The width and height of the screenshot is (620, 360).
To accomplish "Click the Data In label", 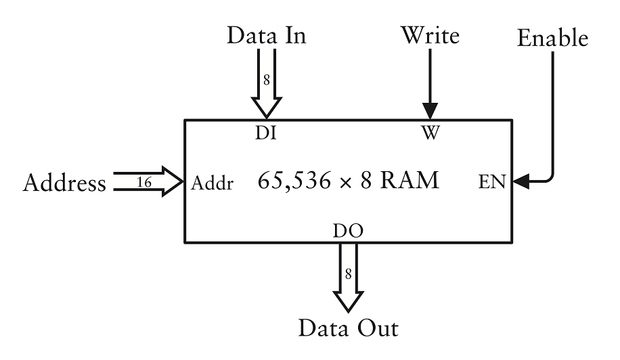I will (266, 35).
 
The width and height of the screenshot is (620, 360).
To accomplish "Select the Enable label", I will (552, 38).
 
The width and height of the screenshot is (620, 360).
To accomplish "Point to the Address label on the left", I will (65, 182).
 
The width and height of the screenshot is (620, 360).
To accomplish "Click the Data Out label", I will (349, 328).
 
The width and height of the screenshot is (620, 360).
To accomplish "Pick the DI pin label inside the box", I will (265, 133).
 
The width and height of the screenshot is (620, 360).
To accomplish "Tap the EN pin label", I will (493, 182).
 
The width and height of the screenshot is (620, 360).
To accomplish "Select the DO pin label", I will (348, 231).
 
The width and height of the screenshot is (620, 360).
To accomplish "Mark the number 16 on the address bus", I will (143, 181).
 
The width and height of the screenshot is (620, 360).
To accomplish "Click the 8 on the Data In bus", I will (266, 78).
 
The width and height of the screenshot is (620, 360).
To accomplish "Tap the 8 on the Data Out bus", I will (348, 273).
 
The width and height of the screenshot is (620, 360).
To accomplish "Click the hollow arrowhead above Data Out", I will (348, 300).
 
